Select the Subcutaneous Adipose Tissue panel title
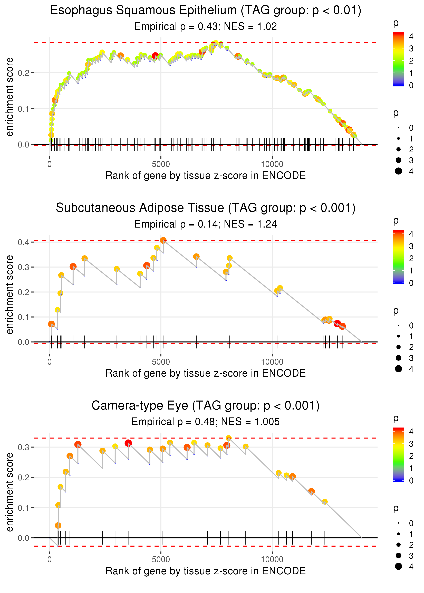click(206, 208)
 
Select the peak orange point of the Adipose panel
click(163, 240)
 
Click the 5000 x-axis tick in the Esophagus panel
click(161, 164)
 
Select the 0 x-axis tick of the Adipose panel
click(50, 362)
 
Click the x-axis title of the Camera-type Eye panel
click(206, 571)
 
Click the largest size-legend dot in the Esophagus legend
click(398, 171)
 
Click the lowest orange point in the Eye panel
click(58, 525)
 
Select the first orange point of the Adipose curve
click(51, 324)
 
